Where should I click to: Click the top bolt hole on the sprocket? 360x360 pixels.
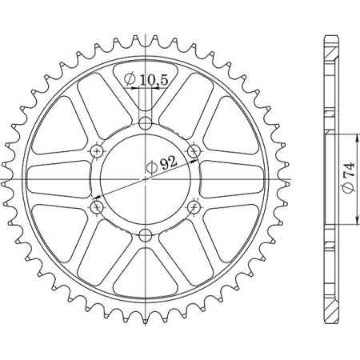145,123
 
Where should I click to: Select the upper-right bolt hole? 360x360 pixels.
193,151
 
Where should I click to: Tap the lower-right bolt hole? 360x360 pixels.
193,206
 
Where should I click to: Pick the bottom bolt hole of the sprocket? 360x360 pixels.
145,234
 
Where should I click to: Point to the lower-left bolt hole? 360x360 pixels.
97,206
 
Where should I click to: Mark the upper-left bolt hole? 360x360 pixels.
97,151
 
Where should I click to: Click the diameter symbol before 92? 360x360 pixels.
151,167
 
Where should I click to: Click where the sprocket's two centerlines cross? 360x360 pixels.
145,179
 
